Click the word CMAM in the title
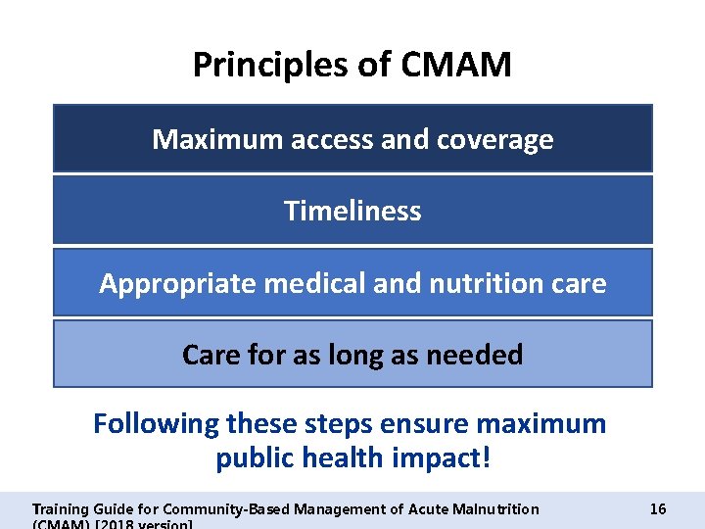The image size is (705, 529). tap(456, 66)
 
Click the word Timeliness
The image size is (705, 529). tap(352, 211)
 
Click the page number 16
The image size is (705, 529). tap(658, 508)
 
